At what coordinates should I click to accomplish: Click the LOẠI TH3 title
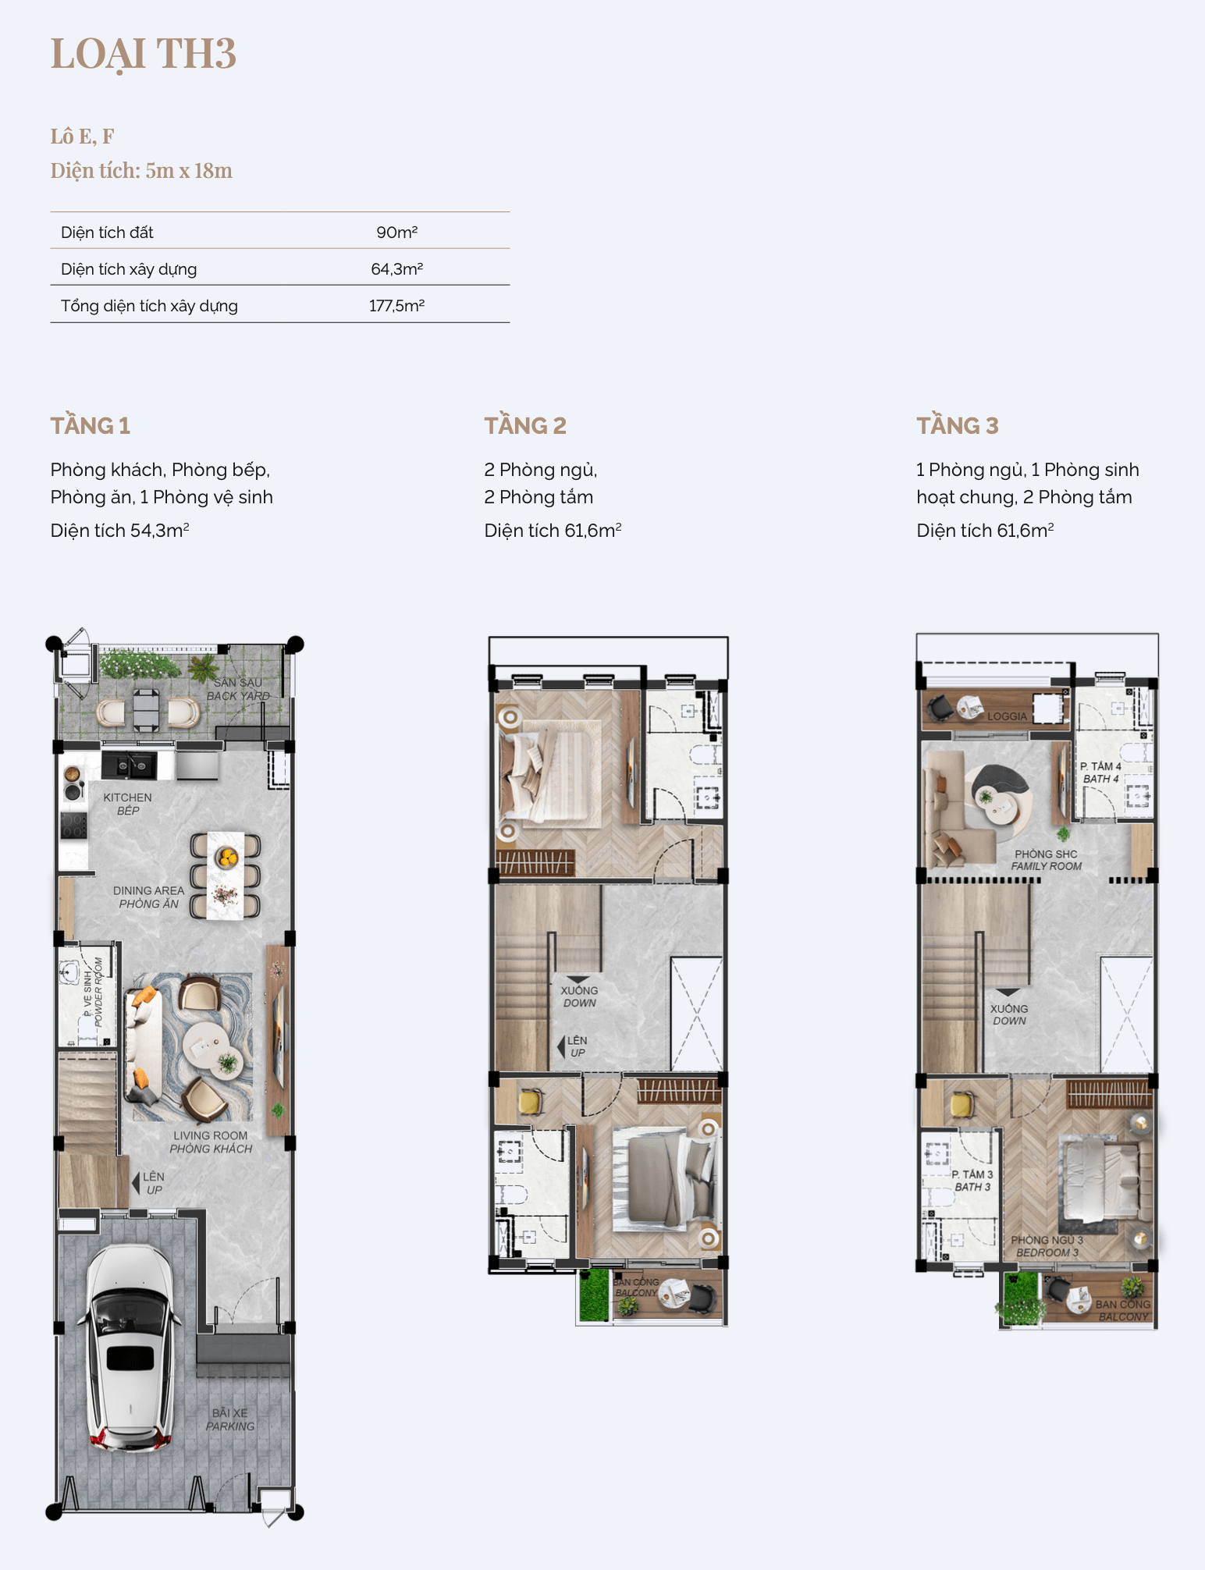coord(144,55)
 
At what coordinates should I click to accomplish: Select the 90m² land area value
coord(396,233)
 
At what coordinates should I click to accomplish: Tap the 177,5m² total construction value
coord(396,306)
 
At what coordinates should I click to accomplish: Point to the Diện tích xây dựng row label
coord(129,269)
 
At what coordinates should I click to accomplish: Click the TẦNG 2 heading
coord(525,425)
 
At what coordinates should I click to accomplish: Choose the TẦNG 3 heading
coord(958,425)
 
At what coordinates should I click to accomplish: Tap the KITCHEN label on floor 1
coord(127,797)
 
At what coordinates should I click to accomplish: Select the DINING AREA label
coord(148,890)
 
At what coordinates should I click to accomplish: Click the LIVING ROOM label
coord(210,1135)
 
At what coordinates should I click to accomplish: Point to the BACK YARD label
coord(238,696)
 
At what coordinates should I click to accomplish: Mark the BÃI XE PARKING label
coord(230,1419)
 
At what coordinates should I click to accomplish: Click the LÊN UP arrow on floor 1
coord(137,1183)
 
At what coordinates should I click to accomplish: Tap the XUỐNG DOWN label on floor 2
coord(579,996)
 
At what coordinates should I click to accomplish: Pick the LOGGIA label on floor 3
coord(1007,716)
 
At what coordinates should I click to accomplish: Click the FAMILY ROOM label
coord(1047,866)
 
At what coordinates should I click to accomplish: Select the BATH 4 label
coord(1100,779)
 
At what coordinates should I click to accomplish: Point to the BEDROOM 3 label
coord(1047,1252)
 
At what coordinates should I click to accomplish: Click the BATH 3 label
coord(972,1187)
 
